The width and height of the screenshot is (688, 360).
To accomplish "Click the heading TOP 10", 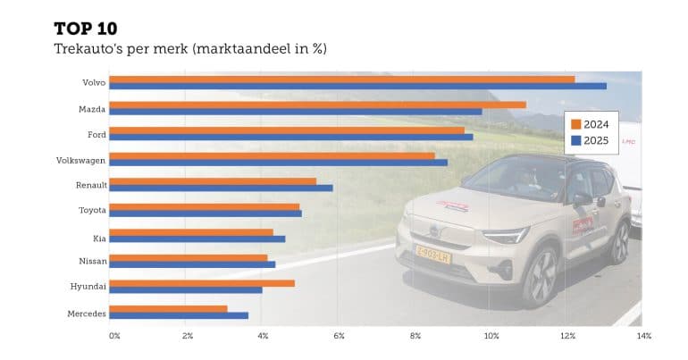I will click(91, 28).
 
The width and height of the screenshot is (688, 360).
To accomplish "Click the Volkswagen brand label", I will click(81, 160).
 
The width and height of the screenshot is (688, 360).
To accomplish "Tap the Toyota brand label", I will click(92, 211).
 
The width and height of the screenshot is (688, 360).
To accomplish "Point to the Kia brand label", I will click(99, 237).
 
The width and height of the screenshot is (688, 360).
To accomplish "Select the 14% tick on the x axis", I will click(644, 336).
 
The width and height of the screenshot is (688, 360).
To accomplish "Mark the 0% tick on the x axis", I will click(114, 336).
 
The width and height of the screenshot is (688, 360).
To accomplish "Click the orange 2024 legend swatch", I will click(576, 124).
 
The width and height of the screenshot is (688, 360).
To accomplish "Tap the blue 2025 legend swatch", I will click(576, 141).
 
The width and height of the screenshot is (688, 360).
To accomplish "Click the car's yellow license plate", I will click(432, 255).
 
